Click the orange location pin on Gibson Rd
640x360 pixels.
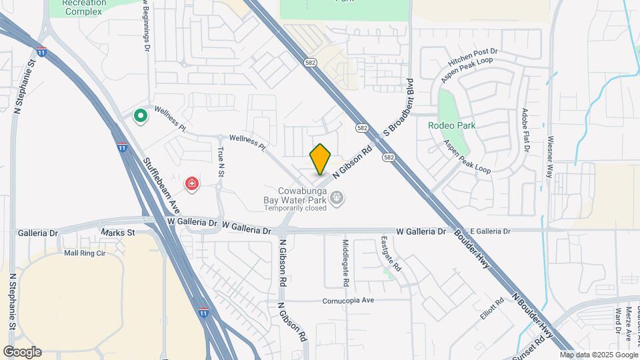coord(321,159)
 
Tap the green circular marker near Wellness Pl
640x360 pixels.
coord(141,117)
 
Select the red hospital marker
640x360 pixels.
coord(192,183)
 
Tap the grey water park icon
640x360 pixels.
coord(338,197)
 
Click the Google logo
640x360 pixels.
coord(22,352)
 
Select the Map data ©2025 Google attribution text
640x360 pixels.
coord(599,355)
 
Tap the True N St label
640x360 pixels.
coord(220,161)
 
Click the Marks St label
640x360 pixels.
coord(118,233)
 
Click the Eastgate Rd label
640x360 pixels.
coord(391,254)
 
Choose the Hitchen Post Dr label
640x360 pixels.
coord(473,57)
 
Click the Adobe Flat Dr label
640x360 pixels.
coord(525,131)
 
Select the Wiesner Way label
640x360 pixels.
coord(549,156)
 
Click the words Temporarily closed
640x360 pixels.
coord(295,208)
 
